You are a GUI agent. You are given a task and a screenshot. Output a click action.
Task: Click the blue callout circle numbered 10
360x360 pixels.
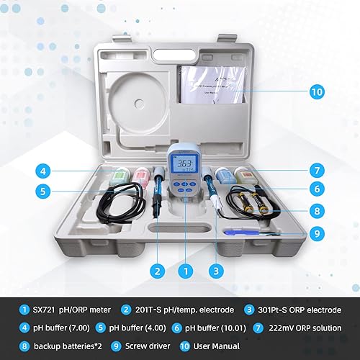click(318, 91)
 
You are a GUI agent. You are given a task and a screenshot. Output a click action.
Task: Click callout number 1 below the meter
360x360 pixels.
click(186, 271)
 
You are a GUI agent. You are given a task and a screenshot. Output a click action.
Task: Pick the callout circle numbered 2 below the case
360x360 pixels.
click(155, 271)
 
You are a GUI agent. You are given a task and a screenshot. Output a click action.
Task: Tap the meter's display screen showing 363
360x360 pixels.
click(186, 165)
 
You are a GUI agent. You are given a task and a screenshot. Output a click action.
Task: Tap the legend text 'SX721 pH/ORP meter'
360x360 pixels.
click(72, 310)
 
